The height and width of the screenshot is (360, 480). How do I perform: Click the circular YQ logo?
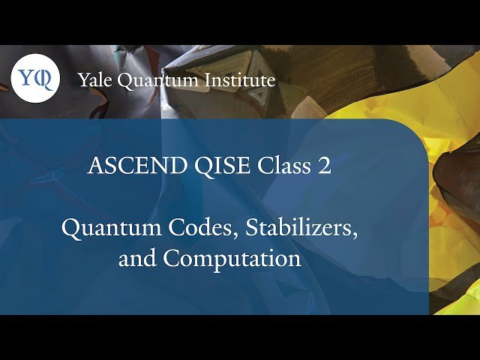point(34,78)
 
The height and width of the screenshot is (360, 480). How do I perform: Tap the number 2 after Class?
point(323,166)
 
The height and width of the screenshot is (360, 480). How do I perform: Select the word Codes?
point(195,227)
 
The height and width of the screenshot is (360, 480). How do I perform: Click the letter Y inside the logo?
point(28,78)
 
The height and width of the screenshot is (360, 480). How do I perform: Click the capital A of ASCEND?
point(94,166)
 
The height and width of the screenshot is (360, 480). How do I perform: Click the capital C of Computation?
point(171,259)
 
